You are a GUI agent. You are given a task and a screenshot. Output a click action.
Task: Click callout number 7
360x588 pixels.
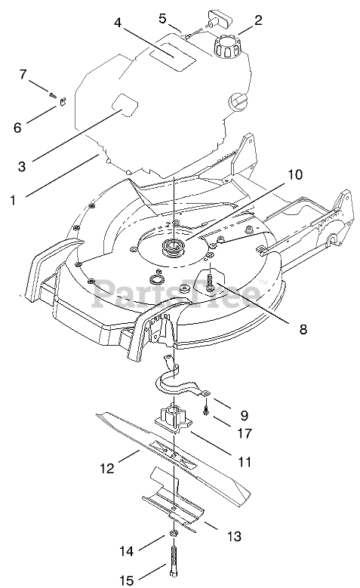(23, 74)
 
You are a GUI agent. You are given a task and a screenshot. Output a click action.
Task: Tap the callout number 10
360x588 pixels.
(296, 175)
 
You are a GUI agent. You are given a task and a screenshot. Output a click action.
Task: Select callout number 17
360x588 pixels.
(244, 433)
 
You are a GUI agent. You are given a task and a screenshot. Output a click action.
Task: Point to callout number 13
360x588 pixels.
(235, 536)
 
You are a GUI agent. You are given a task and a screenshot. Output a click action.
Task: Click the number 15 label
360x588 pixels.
(127, 580)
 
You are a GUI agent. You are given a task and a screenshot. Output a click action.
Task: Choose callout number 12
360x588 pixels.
(107, 469)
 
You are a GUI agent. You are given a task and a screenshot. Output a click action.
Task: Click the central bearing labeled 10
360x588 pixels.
(171, 248)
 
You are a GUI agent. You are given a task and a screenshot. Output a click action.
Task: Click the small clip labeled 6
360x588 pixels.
(63, 102)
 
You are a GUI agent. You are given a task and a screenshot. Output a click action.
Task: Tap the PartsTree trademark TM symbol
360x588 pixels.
(263, 282)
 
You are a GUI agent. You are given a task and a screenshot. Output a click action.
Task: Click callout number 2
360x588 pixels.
(258, 20)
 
